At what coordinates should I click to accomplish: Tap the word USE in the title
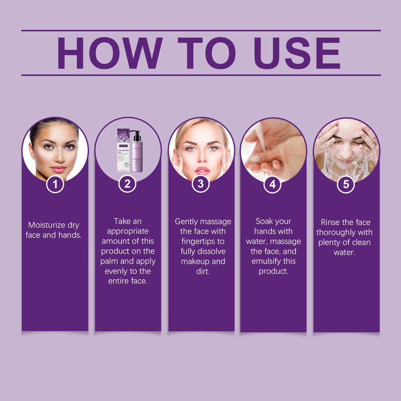(297, 53)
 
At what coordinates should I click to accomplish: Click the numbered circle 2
(128, 184)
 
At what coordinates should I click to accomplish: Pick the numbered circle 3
(200, 184)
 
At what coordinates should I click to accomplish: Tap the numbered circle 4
(273, 184)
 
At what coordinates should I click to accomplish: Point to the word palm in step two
(109, 261)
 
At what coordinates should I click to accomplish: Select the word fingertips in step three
(203, 241)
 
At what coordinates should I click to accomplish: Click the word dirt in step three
(203, 271)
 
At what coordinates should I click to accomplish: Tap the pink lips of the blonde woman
(202, 170)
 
